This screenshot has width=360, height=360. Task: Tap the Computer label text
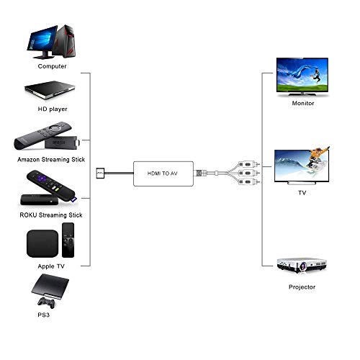click(50, 66)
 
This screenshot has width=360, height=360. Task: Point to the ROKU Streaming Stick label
click(50, 215)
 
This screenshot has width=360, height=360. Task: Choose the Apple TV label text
click(50, 265)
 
